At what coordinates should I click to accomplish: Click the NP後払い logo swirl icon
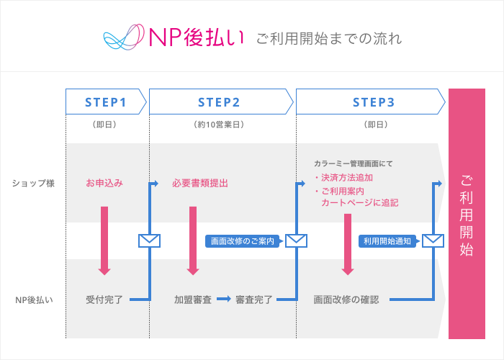tap(124, 37)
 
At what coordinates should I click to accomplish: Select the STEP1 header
tap(106, 102)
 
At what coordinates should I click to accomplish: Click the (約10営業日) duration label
tap(220, 125)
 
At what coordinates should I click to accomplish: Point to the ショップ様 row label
tap(33, 183)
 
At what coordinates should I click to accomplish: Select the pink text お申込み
tap(104, 183)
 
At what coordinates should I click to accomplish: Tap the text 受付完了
tap(104, 299)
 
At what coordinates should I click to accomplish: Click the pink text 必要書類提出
tap(200, 183)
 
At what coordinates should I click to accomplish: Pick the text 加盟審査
tap(192, 299)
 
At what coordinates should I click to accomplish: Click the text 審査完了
tap(253, 299)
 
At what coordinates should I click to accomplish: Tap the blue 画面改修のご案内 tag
tap(243, 241)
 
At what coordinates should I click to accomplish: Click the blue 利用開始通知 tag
tap(387, 241)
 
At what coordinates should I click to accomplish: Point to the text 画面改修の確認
tap(346, 299)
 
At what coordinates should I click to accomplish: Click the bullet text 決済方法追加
tap(346, 178)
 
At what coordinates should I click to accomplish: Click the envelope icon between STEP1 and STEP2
tap(149, 240)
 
